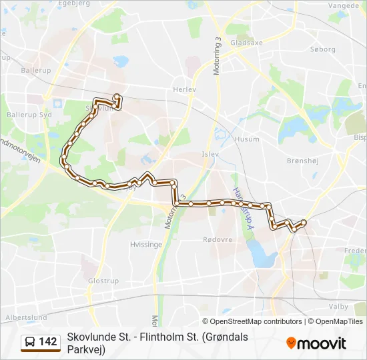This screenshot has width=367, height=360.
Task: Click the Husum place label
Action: (x=246, y=139)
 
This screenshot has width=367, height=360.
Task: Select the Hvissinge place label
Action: (x=145, y=245)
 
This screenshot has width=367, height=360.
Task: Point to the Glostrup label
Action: (x=103, y=281)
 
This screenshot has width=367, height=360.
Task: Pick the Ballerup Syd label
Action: (x=23, y=115)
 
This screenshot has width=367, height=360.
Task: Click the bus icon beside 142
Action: (x=30, y=343)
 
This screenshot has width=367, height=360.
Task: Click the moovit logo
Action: (x=316, y=343)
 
